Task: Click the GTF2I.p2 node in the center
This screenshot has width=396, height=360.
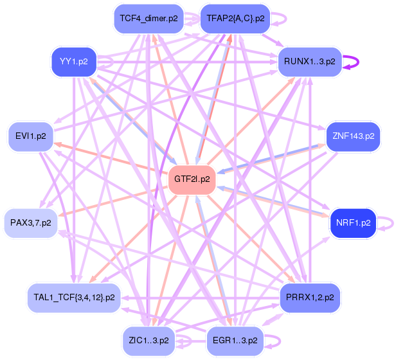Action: [x=191, y=179]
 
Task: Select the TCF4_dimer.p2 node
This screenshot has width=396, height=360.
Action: [x=148, y=19]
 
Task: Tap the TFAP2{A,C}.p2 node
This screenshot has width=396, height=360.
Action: [x=234, y=19]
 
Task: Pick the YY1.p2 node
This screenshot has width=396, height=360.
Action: [x=73, y=62]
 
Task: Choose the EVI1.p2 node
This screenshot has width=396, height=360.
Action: [x=30, y=136]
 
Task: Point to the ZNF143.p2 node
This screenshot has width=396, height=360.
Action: [x=353, y=136]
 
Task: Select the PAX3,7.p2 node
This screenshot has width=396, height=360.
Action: [x=30, y=223]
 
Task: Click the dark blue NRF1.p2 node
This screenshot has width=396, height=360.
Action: [x=353, y=223]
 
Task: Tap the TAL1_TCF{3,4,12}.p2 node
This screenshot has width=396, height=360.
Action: [x=74, y=297]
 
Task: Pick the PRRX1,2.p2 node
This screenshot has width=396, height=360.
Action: [x=310, y=297]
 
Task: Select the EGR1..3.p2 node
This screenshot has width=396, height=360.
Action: [x=234, y=340]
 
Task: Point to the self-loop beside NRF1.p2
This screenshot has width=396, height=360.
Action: [x=390, y=223]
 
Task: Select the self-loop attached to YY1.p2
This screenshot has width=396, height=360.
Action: [x=111, y=62]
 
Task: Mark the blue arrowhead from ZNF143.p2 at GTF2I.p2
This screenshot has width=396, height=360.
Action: [x=219, y=172]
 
